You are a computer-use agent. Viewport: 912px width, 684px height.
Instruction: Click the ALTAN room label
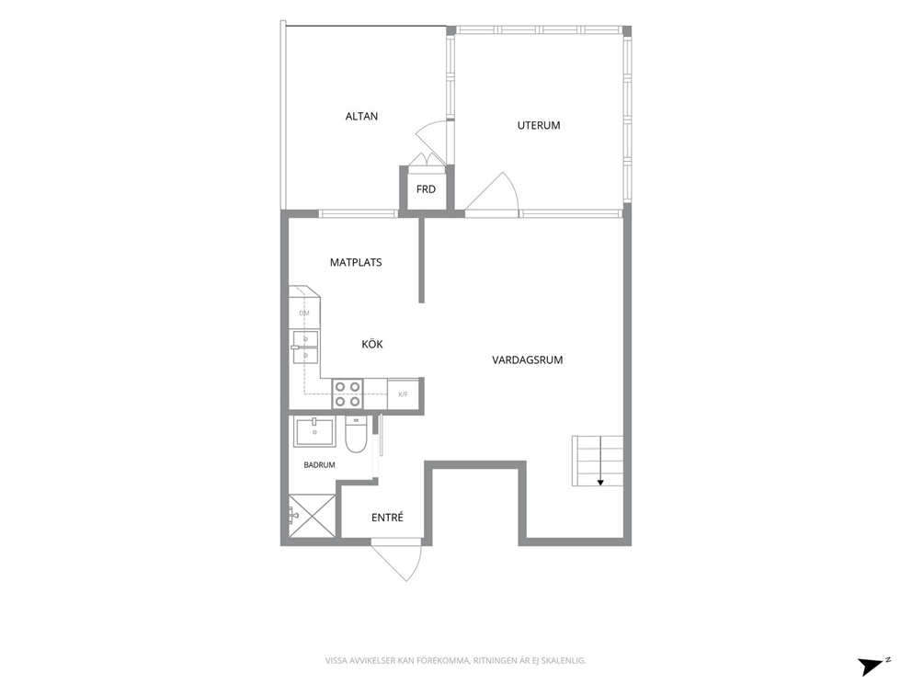coord(361,117)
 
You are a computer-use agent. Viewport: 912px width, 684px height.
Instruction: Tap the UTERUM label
coord(539,126)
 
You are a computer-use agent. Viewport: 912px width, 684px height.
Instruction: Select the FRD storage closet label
coord(426,189)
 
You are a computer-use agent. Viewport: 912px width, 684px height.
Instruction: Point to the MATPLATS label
coord(356,263)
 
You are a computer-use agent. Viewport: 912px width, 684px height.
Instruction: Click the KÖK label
coord(372,345)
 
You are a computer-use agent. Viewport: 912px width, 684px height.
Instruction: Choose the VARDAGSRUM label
coord(528,360)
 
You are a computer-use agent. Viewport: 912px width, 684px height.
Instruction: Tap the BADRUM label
coord(319,465)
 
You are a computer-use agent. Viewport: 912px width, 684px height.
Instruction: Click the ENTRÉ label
coord(387,517)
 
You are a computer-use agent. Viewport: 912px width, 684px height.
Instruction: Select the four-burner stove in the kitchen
coord(348,393)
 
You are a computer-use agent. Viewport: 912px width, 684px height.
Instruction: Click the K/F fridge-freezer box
coord(403,393)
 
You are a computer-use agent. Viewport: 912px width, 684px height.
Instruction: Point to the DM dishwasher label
coord(304,313)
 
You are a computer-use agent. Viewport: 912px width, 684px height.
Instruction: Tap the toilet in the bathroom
coord(356,434)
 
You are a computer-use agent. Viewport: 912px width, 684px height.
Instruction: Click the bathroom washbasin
coord(314,432)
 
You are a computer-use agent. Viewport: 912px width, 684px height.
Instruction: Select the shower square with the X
coord(313,516)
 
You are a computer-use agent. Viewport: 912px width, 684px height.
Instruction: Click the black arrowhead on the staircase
coord(599,482)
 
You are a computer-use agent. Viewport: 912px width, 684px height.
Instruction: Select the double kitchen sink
coord(305,348)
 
